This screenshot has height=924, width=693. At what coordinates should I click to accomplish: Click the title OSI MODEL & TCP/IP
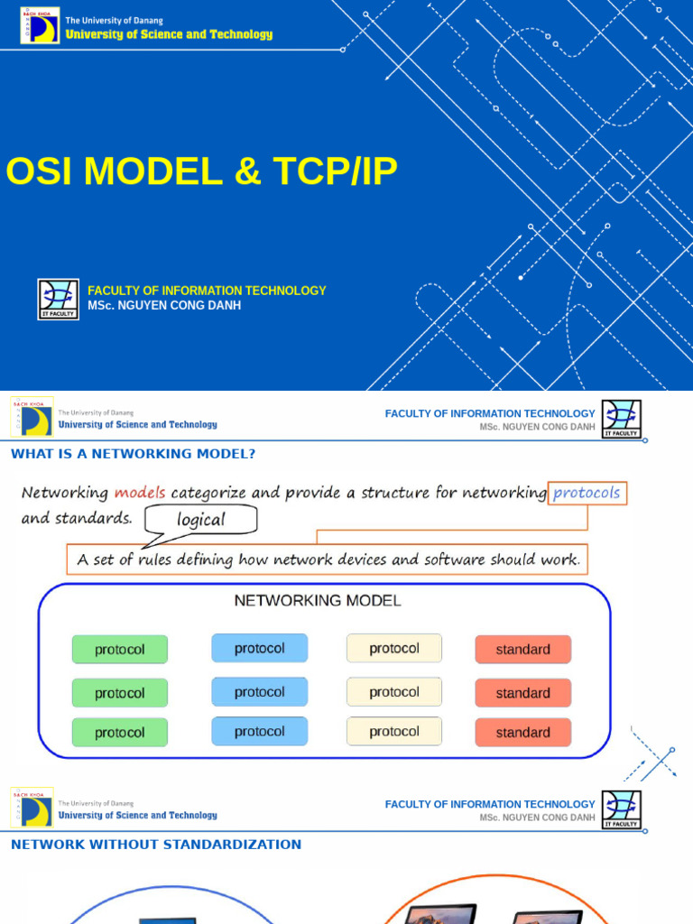201,171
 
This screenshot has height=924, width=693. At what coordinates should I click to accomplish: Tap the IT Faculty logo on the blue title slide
58,299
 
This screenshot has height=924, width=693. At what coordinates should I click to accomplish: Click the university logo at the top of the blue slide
40,25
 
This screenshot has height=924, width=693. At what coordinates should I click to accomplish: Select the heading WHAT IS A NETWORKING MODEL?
133,454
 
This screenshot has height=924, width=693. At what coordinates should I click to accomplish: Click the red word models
140,493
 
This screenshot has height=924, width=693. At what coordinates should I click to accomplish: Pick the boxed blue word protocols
587,493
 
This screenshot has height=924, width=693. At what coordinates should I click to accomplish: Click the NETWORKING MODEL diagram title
318,600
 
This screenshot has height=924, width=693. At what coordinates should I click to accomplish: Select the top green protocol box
120,650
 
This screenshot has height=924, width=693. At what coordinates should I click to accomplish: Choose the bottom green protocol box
120,733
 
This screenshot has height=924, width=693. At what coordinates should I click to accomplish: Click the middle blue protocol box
259,692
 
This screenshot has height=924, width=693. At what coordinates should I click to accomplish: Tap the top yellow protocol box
394,648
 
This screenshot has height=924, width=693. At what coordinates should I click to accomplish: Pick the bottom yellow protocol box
394,731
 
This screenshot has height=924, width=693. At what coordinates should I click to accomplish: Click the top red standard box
522,650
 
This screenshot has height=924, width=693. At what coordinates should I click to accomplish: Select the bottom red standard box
522,733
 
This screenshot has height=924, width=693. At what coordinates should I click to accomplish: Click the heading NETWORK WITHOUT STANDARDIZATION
156,845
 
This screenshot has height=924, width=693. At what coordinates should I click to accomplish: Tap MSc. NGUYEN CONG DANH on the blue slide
164,306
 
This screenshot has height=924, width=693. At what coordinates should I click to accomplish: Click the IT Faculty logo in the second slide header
621,420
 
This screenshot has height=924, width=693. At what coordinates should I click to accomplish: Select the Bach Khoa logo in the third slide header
32,807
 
